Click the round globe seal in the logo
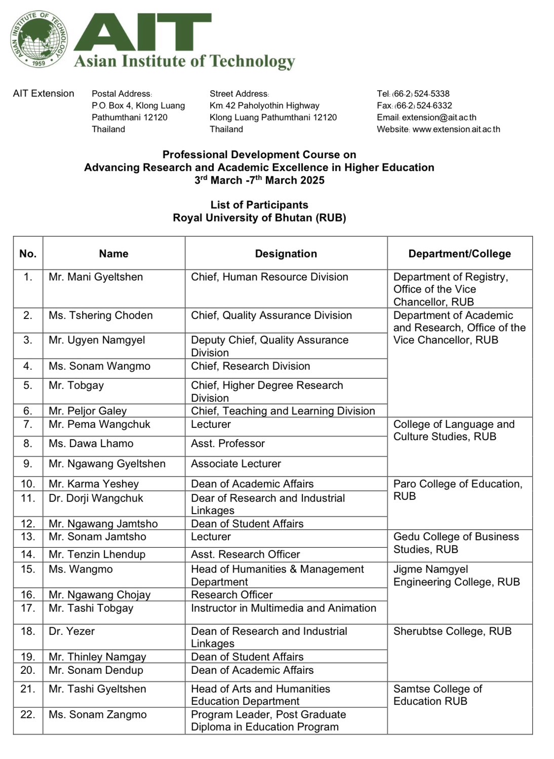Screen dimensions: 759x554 point(39,40)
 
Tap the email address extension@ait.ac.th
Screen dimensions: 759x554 point(439,117)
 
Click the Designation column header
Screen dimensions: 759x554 point(286,254)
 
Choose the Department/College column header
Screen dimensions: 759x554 point(459,254)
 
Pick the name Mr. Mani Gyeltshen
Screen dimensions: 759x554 point(96,277)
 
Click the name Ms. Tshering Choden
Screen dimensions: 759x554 point(100,315)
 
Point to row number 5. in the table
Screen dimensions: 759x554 point(28,385)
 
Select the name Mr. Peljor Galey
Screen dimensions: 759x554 point(88,411)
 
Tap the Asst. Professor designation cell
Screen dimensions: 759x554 point(228,444)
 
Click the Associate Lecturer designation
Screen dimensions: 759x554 point(235,464)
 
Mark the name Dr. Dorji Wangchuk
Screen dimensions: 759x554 point(96,498)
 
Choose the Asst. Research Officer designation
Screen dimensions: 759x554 point(245,555)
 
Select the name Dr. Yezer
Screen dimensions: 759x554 point(71,631)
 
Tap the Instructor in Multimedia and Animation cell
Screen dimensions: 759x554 point(283,608)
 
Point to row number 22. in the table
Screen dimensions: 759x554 point(28,714)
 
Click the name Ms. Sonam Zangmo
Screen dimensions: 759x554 point(97,714)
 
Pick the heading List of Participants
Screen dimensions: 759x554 point(259,205)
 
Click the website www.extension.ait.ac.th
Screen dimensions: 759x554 point(456,129)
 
